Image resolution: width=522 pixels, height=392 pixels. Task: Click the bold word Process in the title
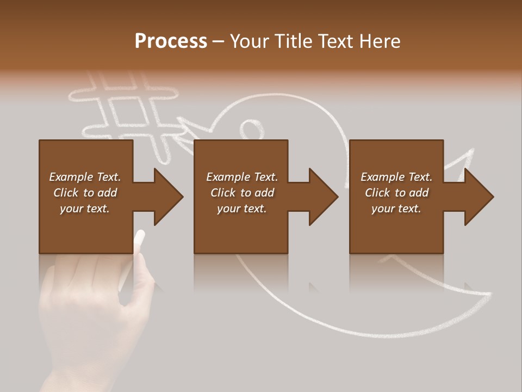pyautogui.click(x=171, y=41)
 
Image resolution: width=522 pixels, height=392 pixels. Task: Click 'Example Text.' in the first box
pyautogui.click(x=85, y=177)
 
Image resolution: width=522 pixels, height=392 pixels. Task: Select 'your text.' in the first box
pyautogui.click(x=85, y=209)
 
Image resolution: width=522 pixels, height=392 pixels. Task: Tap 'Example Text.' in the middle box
pyautogui.click(x=242, y=177)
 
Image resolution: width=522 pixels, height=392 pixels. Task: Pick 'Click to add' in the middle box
pyautogui.click(x=242, y=193)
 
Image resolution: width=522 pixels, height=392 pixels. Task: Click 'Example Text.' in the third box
pyautogui.click(x=396, y=177)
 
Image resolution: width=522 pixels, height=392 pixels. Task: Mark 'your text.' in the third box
pyautogui.click(x=396, y=209)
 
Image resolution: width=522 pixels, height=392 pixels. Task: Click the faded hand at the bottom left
pyautogui.click(x=87, y=316)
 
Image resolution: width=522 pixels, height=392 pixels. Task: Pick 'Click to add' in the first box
pyautogui.click(x=85, y=193)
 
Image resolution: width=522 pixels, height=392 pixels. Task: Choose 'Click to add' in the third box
pyautogui.click(x=396, y=193)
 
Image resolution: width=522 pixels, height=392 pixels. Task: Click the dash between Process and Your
pyautogui.click(x=218, y=42)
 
